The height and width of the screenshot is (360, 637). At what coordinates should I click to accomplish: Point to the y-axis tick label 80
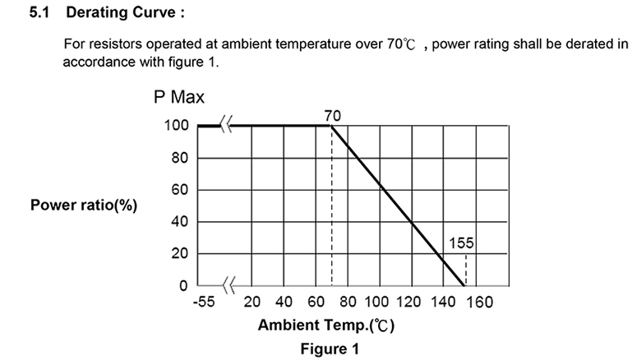coord(180,158)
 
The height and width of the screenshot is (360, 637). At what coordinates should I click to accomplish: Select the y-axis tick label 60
coord(180,190)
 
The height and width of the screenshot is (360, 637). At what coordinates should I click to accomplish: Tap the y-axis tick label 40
coord(180,222)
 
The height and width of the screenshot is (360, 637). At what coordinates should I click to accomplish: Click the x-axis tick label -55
coord(203,302)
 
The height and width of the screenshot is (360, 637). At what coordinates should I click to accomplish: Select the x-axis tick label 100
coord(379,302)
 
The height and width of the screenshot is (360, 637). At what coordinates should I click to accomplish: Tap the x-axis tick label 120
coord(412,302)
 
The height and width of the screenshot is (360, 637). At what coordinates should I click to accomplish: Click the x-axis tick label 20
coord(252,302)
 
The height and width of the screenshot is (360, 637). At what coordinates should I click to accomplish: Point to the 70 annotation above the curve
coord(332,117)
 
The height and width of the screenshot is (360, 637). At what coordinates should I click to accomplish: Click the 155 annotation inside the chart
coord(462,243)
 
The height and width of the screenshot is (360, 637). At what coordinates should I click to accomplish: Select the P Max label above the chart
coord(179,98)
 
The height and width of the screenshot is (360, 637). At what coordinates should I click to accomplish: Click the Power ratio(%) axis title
coord(84,205)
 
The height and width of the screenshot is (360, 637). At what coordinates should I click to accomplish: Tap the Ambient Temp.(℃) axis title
coord(326,325)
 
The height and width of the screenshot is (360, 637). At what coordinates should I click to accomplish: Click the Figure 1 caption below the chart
coord(329,348)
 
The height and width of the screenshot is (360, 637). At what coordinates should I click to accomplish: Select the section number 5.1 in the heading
coord(40,14)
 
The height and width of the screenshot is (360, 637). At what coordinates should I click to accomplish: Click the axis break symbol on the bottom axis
coord(228,286)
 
